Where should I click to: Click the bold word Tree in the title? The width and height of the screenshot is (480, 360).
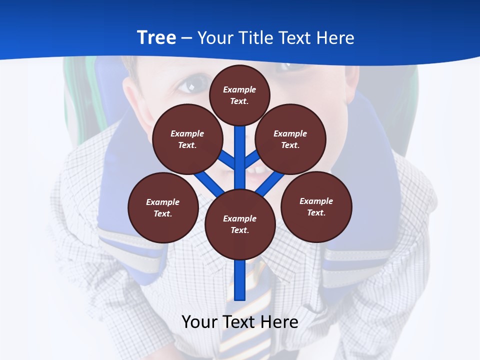coord(156,37)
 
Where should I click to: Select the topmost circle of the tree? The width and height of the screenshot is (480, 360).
coord(239,95)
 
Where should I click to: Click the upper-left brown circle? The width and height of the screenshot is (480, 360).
coord(187,139)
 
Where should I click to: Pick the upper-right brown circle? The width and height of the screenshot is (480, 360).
coord(290,139)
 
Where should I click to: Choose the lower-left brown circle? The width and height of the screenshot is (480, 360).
coord(163,207)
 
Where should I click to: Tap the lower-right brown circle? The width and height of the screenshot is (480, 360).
coord(316,206)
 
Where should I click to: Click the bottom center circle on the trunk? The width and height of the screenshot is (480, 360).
coord(240,224)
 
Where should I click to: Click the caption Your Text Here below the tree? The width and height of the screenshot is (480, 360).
coord(240,322)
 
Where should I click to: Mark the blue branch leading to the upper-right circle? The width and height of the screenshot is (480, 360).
coord(252,159)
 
